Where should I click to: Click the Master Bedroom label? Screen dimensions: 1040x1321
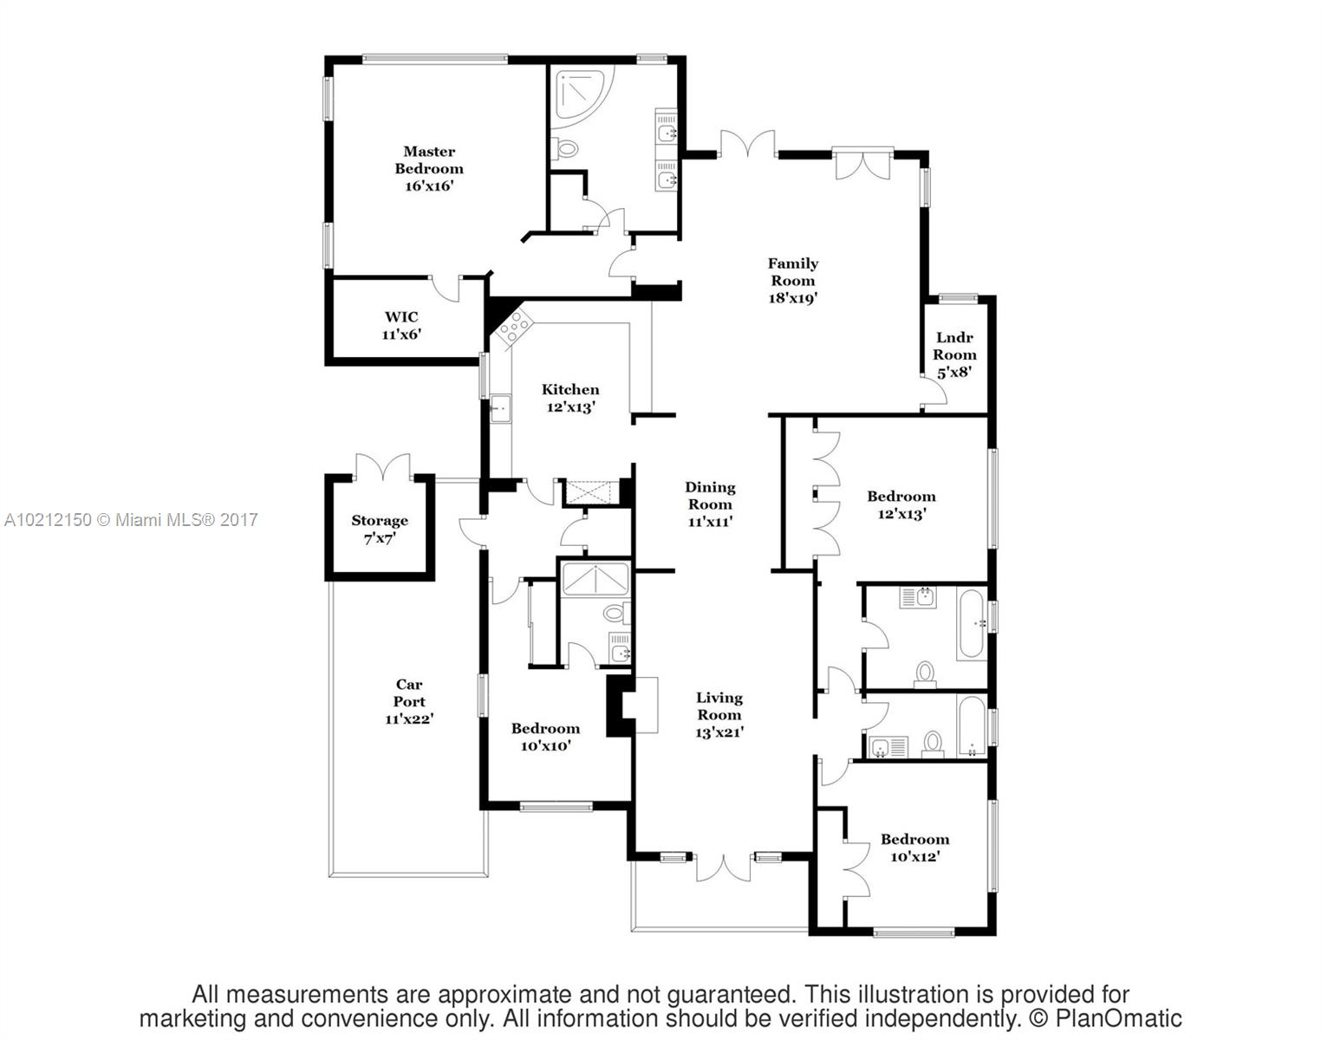(429, 160)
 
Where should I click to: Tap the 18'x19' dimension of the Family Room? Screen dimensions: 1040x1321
(792, 298)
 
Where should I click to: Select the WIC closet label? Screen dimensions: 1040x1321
(401, 317)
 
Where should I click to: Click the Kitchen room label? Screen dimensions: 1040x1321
(570, 390)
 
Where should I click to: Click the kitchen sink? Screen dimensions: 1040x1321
(500, 408)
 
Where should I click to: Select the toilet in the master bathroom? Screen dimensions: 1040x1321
(565, 149)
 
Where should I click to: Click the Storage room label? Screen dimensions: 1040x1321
(379, 521)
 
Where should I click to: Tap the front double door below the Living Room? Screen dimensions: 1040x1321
(723, 868)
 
